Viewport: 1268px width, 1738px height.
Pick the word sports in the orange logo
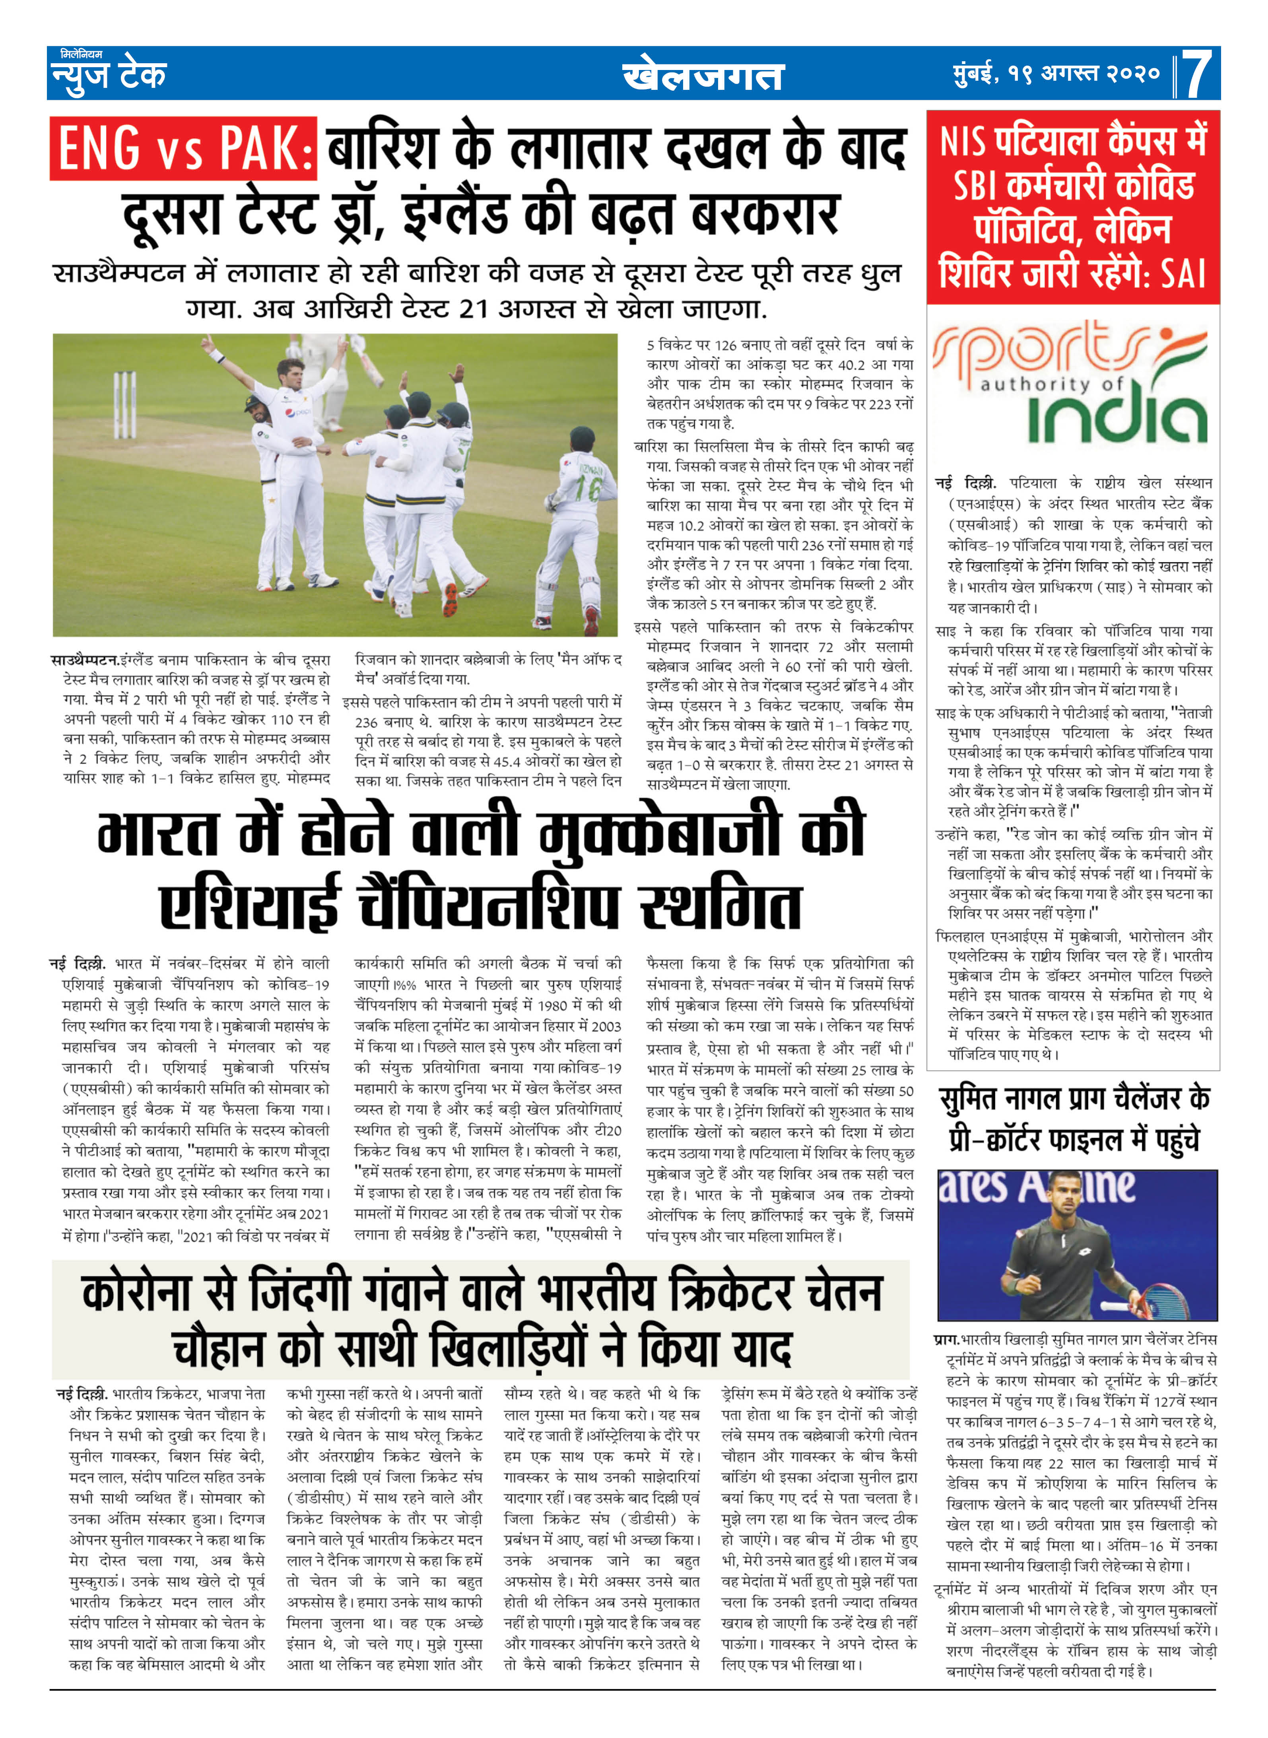point(1032,353)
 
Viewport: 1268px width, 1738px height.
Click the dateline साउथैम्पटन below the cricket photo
point(84,660)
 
